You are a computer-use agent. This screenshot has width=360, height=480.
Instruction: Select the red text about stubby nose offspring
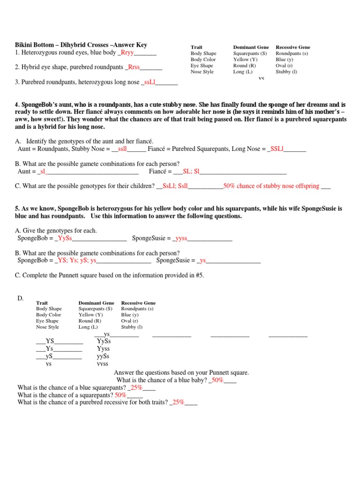[271, 186]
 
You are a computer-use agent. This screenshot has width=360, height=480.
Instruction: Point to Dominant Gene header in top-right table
[251, 47]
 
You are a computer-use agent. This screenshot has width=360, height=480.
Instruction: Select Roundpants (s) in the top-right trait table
[292, 53]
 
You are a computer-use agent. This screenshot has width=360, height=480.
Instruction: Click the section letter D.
[20, 298]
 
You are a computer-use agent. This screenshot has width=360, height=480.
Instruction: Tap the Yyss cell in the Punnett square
[103, 349]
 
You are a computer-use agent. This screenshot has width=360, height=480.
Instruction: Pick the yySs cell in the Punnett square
[103, 356]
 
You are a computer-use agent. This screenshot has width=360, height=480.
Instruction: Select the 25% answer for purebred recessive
[178, 402]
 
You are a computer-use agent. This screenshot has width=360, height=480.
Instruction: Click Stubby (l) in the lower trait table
[132, 327]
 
